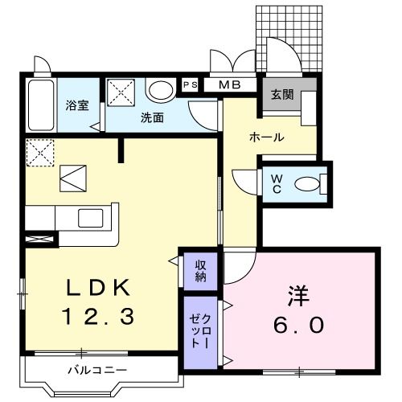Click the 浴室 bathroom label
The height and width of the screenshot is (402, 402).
[x=76, y=106]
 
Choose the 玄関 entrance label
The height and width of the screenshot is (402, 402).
[x=281, y=94]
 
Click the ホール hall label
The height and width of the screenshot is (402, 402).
[x=266, y=137]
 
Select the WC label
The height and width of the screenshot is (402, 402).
[x=274, y=183]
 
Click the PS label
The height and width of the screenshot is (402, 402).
[x=190, y=84]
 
